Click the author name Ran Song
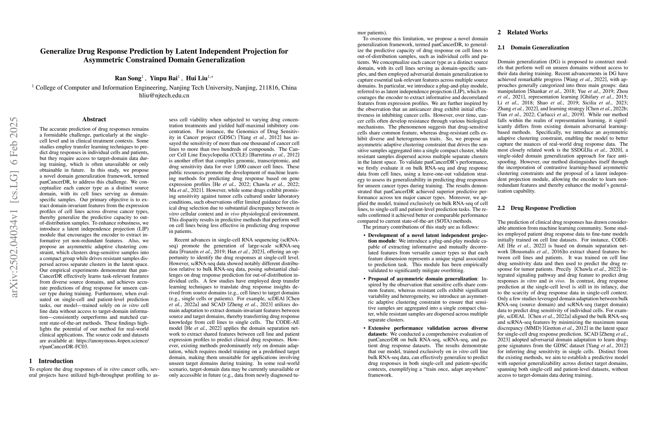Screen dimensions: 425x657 tap(128, 78)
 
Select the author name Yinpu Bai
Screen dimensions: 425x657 tap(163, 78)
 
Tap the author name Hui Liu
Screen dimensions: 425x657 tap(196, 78)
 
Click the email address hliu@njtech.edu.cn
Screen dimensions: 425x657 tap(164, 96)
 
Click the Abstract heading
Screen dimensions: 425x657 tap(94, 119)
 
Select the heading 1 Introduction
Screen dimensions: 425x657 tap(51, 361)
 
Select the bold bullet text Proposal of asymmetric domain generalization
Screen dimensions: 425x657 tap(422, 279)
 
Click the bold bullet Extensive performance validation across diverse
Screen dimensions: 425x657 tap(428, 328)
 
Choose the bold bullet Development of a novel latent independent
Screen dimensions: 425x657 tap(428, 235)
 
